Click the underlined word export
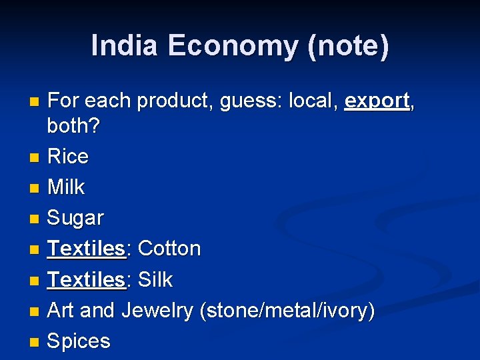pos(377,101)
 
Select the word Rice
pos(68,157)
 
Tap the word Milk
pos(67,187)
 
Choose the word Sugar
pos(76,218)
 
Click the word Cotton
pos(169,249)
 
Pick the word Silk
pos(155,280)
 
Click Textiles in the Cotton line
pos(87,249)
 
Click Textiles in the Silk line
pos(87,280)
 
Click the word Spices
pos(79,341)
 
